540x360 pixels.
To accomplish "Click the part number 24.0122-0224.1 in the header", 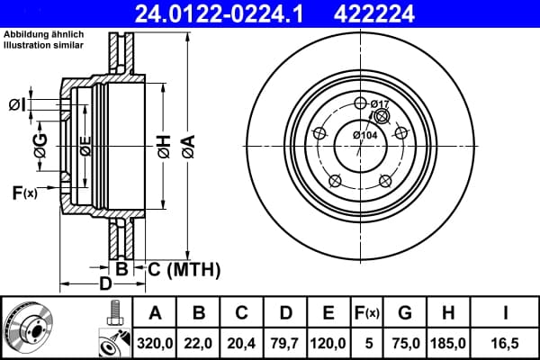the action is point(219,13).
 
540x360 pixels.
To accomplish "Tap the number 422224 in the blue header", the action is point(374,13).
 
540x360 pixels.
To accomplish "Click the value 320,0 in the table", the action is point(155,343).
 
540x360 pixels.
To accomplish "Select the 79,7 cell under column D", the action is point(284,343).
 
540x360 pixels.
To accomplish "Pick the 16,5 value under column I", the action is point(505,343).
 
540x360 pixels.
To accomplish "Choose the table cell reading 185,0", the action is point(447,343).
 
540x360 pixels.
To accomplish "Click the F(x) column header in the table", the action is point(367,313).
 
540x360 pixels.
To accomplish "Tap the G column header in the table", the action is point(405,313).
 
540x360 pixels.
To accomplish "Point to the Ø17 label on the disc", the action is point(380,103).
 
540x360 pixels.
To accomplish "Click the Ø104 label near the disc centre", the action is point(365,135).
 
